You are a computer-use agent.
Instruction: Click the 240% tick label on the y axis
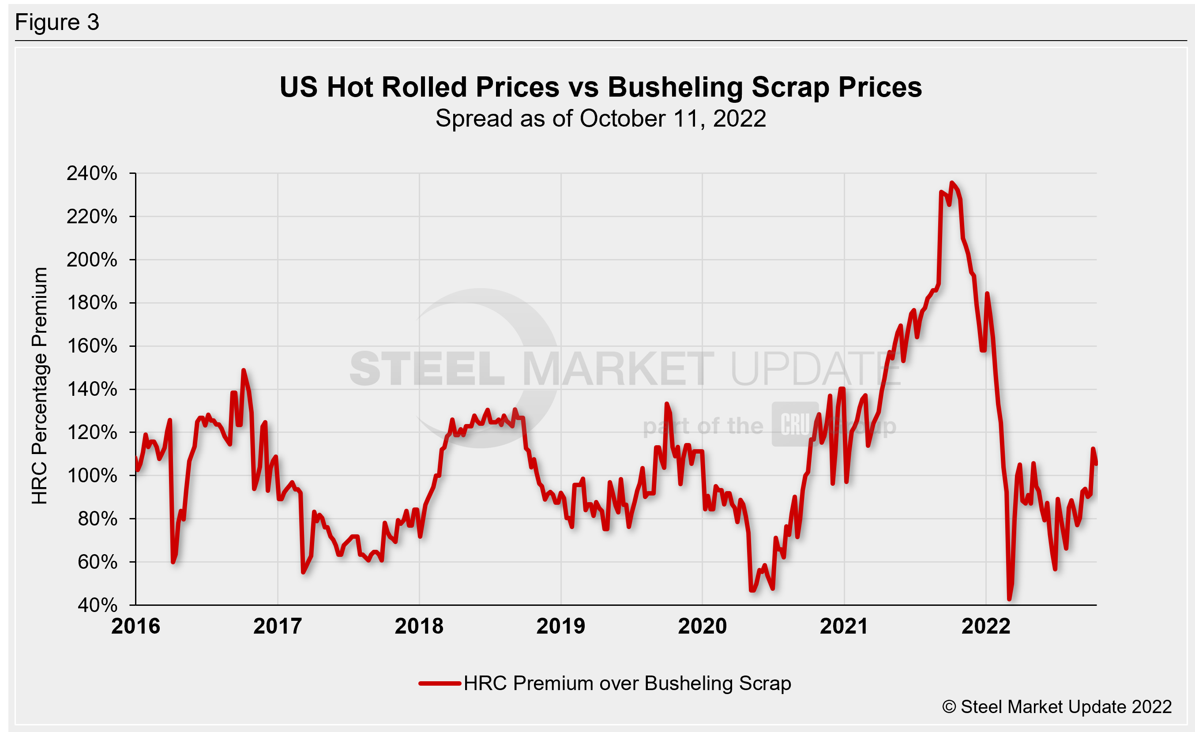click(92, 173)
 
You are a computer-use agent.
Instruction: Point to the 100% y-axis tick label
click(92, 476)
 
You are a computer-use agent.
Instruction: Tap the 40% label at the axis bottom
click(97, 605)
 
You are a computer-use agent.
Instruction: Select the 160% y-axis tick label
click(92, 346)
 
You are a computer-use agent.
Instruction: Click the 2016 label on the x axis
click(135, 626)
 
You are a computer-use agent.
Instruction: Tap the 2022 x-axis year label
click(986, 626)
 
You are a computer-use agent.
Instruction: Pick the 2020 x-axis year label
click(702, 626)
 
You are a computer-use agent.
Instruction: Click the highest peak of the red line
click(951, 183)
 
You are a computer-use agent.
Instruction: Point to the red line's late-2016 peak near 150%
click(244, 370)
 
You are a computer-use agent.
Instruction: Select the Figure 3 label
click(57, 23)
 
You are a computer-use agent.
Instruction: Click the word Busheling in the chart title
click(675, 88)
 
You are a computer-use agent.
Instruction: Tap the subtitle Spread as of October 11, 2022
click(601, 119)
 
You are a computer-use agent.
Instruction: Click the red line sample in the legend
click(440, 683)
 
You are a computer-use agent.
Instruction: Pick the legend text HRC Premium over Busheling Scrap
click(627, 683)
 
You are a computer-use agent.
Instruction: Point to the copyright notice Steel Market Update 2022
click(1057, 707)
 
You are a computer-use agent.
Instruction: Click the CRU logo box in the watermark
click(794, 424)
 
